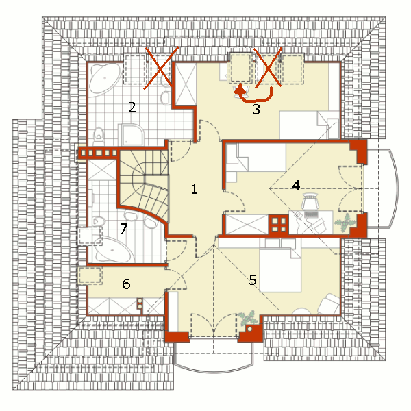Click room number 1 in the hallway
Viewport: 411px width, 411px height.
195,189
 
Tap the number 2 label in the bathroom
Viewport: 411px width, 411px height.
132,108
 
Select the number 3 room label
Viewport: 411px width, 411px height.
256,110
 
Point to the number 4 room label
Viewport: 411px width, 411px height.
296,186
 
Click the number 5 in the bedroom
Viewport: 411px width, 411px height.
253,279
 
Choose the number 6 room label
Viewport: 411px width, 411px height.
126,284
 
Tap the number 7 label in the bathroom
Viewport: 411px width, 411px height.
124,228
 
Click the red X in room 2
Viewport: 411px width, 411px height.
161,68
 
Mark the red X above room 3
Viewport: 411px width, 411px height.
268,67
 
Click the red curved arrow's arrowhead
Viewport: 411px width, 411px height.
240,89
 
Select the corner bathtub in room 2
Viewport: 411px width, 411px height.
104,78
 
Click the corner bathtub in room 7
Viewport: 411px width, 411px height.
113,250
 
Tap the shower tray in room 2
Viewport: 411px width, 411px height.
131,135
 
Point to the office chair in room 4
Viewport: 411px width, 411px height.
310,201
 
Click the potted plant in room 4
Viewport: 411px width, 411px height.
345,223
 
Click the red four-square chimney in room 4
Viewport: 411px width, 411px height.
278,224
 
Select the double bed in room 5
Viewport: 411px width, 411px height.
280,270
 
